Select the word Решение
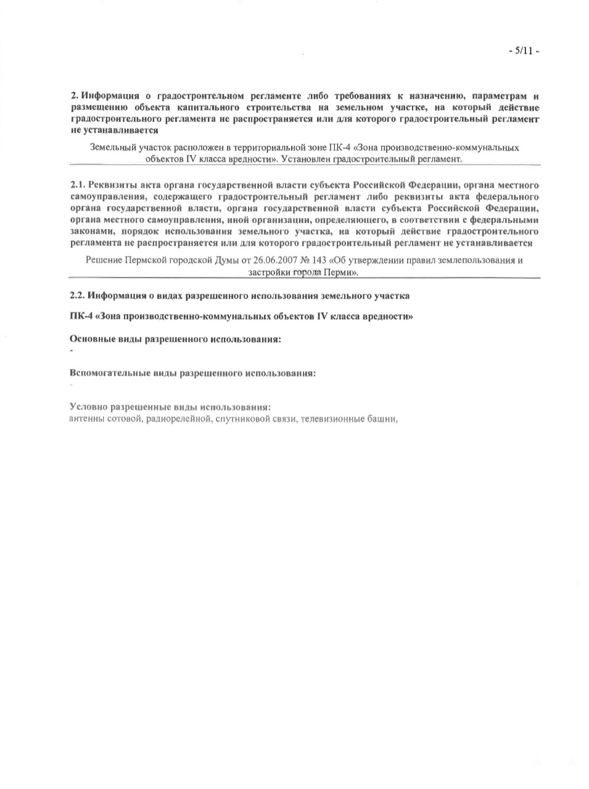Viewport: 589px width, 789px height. click(x=103, y=260)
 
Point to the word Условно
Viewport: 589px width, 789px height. click(x=88, y=408)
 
